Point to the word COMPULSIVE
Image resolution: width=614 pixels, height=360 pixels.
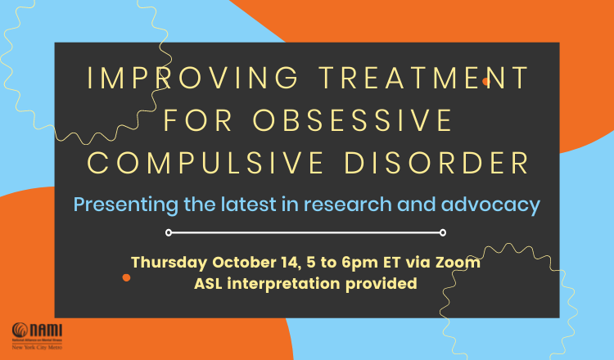tap(201, 162)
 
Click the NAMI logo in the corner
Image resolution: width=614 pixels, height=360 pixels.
tap(36, 333)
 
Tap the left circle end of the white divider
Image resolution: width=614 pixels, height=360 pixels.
tap(169, 232)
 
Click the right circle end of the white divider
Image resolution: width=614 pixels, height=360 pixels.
tap(443, 232)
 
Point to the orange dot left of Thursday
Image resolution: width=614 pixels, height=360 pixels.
tap(126, 277)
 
